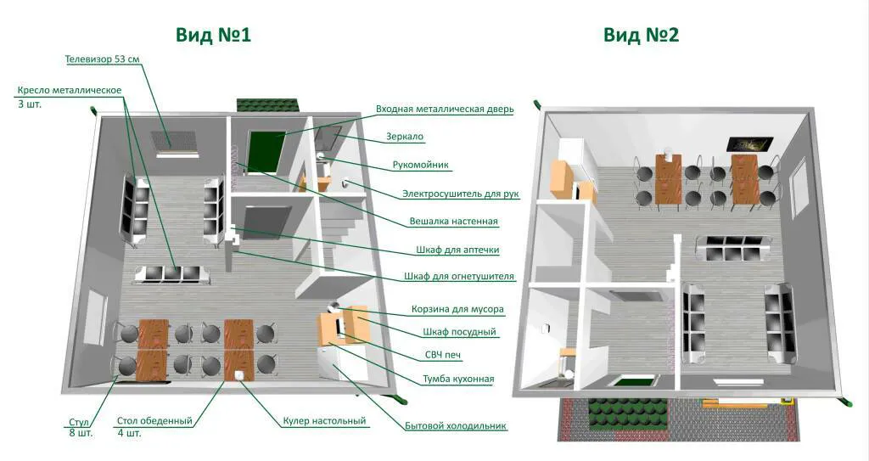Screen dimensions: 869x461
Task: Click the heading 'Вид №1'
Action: (213, 35)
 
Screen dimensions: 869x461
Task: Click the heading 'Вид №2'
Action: (642, 35)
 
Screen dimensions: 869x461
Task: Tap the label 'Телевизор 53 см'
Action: (102, 59)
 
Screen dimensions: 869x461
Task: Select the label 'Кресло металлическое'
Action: (70, 90)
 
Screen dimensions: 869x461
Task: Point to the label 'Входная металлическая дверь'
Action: (445, 109)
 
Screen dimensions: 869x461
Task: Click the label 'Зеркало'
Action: (405, 137)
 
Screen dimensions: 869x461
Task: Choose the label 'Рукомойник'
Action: (421, 165)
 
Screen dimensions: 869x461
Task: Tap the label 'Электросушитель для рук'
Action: (461, 194)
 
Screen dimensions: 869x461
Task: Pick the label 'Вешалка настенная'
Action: (453, 222)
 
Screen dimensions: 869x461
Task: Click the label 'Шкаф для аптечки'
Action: (457, 250)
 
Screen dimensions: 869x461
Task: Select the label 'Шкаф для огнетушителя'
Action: (458, 276)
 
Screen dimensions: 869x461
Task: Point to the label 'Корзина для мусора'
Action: (457, 309)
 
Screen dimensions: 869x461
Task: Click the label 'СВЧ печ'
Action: (443, 355)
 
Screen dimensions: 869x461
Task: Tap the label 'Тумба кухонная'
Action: (458, 379)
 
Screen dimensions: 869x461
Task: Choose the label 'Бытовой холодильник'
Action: (456, 426)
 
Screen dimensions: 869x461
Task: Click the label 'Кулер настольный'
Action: (324, 421)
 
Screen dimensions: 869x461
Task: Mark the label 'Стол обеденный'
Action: (154, 421)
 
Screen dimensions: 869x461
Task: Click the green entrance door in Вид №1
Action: (266, 151)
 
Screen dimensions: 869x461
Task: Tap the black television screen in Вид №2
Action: (750, 144)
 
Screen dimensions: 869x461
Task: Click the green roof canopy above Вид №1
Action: (268, 105)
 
